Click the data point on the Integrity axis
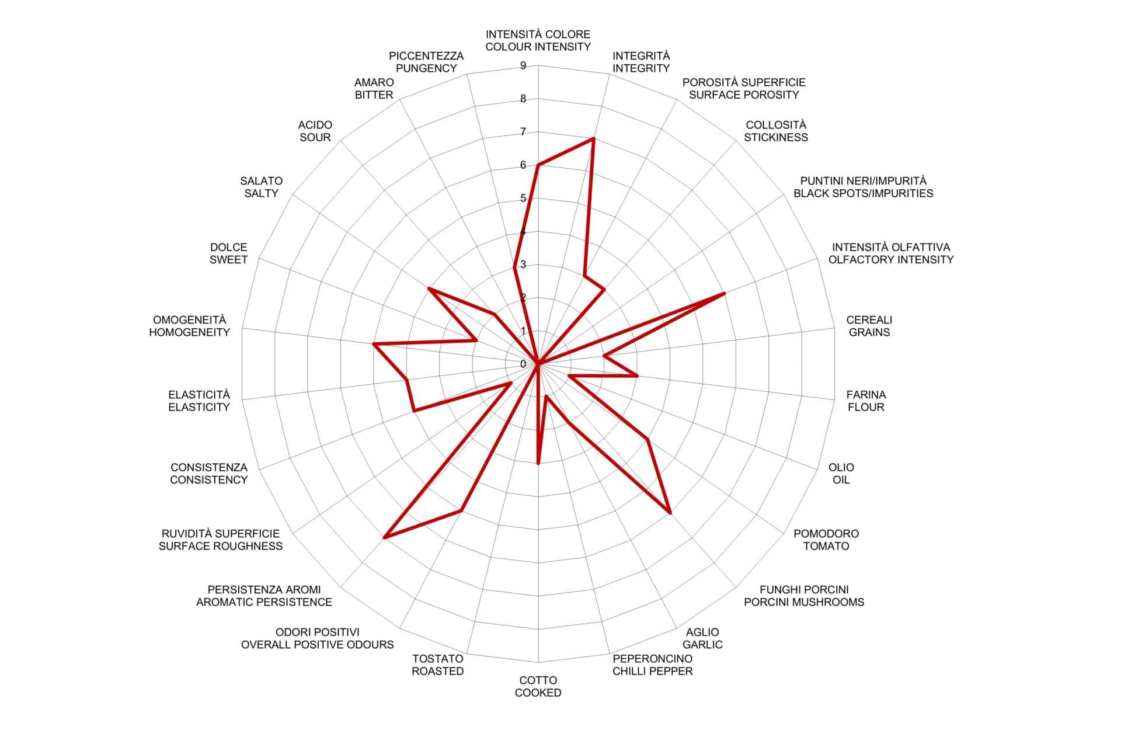593,138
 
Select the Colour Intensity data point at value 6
538,165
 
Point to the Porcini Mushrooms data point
670,513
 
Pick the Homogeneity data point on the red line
374,345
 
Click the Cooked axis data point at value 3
538,464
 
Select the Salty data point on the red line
429,288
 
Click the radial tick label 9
523,65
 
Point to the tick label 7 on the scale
523,132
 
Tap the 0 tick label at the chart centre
523,364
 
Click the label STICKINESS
776,138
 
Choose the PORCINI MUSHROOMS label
804,602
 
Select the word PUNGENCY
426,68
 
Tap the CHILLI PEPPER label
652,672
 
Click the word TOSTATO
438,659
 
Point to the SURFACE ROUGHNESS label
221,547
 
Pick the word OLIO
841,467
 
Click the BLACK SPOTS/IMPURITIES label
863,193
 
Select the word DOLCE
229,247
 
